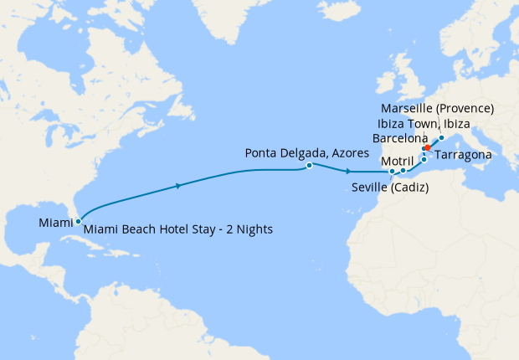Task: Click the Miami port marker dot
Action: pyautogui.click(x=78, y=222)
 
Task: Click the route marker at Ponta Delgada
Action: pyautogui.click(x=310, y=166)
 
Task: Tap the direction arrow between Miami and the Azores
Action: pyautogui.click(x=179, y=185)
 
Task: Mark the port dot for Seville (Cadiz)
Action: pyautogui.click(x=392, y=173)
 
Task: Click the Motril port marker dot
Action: pyautogui.click(x=403, y=172)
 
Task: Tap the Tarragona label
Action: pyautogui.click(x=461, y=156)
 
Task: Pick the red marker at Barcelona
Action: pyautogui.click(x=427, y=148)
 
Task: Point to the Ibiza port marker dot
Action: pyautogui.click(x=424, y=159)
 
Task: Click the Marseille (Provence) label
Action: pyautogui.click(x=437, y=109)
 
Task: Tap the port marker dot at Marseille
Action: pyautogui.click(x=441, y=136)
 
